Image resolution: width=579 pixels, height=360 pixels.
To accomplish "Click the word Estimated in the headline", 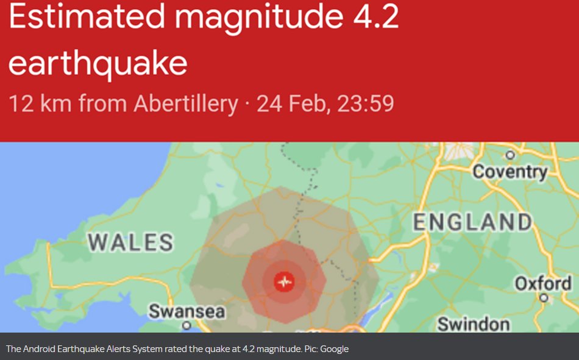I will pos(87,18).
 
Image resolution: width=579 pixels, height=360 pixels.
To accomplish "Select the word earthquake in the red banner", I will pos(98,63).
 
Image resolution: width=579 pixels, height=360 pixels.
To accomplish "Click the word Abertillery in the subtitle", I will pos(185,104).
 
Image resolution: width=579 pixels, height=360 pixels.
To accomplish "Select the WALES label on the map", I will pos(130,242).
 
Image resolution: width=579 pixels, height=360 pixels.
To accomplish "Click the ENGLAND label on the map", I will pos(473,222).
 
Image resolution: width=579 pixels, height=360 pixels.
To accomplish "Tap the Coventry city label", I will pos(511,172).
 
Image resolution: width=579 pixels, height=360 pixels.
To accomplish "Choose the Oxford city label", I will pos(543,283).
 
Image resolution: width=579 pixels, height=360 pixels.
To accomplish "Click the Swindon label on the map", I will pos(474,323).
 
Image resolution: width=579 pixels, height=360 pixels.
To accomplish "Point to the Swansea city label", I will pos(187,311).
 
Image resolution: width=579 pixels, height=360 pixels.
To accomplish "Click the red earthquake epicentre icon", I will pos(284,281).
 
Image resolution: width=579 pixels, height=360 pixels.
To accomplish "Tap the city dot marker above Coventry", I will pos(511,155).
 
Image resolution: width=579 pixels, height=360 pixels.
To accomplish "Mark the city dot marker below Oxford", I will pos(544,298).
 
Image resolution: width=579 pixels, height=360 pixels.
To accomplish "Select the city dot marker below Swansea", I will pos(187,325).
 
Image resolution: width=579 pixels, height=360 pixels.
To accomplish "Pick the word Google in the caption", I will pos(334,349).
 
